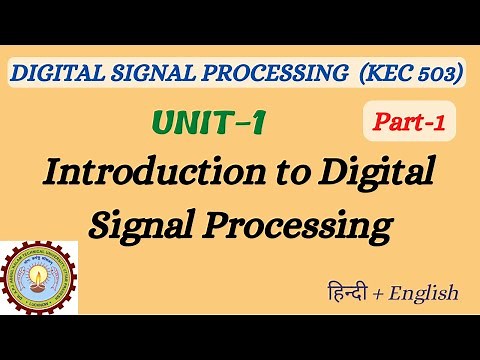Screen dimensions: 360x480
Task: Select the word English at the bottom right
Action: click(425, 293)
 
